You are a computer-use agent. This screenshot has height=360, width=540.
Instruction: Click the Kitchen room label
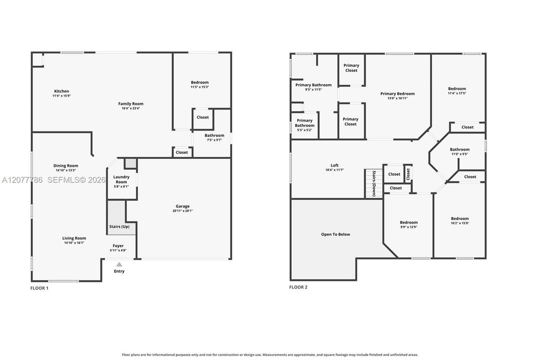click(61, 91)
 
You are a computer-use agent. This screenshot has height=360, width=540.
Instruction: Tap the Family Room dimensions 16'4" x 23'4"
click(131, 108)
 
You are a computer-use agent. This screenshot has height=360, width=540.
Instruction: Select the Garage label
click(182, 206)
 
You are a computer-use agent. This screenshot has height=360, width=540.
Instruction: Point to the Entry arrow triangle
click(119, 264)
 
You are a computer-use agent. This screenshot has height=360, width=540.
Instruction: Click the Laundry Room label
click(121, 179)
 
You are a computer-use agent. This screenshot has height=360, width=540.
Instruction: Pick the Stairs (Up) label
click(119, 226)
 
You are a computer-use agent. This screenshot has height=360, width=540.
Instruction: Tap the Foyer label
click(118, 246)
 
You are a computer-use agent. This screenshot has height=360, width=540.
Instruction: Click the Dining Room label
click(66, 165)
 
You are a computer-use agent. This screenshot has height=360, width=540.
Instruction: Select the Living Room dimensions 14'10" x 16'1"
click(74, 243)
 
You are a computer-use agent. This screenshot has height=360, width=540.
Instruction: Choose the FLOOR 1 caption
click(39, 288)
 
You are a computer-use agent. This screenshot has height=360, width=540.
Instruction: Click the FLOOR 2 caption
click(298, 287)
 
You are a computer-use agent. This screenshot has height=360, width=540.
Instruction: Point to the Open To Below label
click(335, 234)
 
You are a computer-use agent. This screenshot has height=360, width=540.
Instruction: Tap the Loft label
click(335, 165)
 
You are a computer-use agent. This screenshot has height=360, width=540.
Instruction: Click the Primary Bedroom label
click(398, 93)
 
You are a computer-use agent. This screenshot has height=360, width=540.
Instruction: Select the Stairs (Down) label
click(374, 183)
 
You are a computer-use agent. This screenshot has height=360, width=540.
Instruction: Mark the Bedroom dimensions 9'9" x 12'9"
click(409, 227)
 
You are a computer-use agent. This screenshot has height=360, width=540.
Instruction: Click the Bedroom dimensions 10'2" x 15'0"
click(460, 223)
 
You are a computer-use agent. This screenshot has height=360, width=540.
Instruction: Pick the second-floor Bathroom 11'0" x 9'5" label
click(460, 151)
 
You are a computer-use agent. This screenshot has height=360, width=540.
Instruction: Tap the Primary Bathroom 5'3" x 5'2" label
click(304, 125)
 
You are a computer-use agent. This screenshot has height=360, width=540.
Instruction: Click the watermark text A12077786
click(22, 180)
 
